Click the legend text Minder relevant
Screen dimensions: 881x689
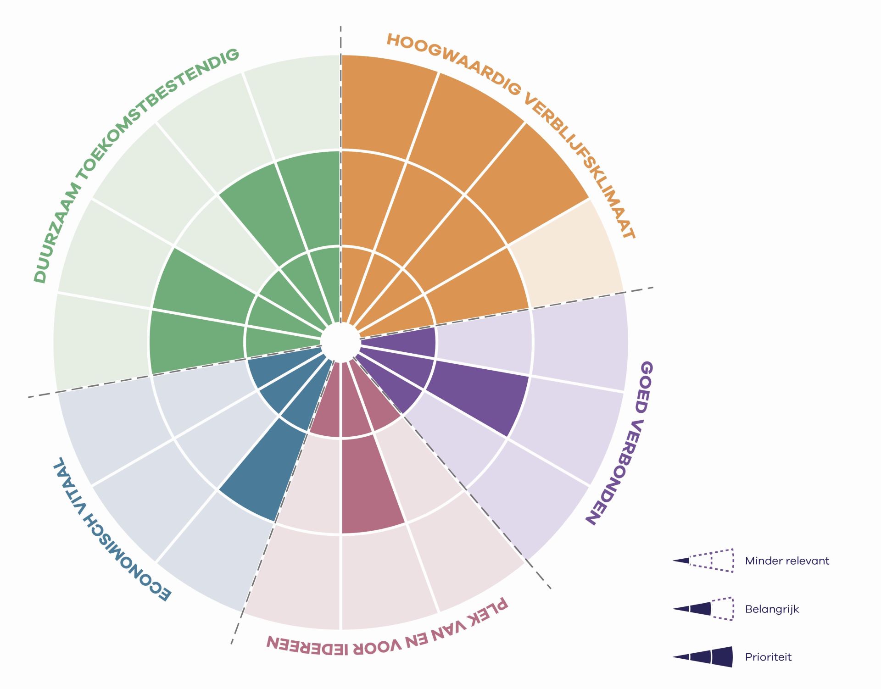787,561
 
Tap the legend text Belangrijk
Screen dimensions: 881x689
772,610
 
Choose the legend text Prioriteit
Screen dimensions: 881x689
768,657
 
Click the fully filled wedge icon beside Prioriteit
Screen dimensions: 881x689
703,657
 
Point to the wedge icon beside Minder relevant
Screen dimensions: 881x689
703,561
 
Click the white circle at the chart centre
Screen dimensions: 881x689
340,342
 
